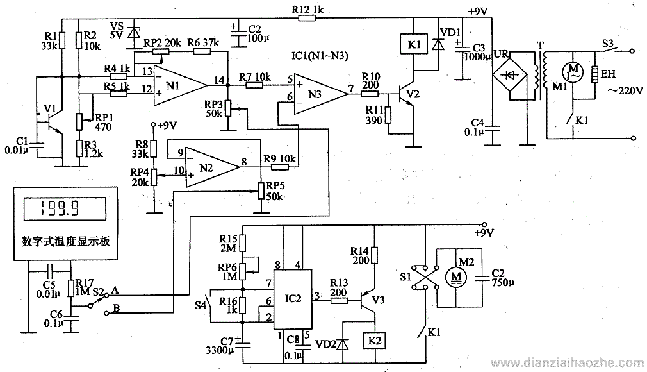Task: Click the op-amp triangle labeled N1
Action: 180,85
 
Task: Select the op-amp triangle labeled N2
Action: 212,167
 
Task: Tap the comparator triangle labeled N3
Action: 320,94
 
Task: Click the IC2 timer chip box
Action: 293,300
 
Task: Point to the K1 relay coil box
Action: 414,44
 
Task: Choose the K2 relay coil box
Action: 374,341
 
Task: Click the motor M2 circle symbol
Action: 456,276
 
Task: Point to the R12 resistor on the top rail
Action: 307,18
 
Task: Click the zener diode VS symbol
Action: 133,32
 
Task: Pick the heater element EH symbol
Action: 594,74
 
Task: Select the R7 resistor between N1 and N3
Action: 254,85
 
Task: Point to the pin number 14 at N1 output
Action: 219,80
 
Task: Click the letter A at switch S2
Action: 115,290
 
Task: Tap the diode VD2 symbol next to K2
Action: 343,342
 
